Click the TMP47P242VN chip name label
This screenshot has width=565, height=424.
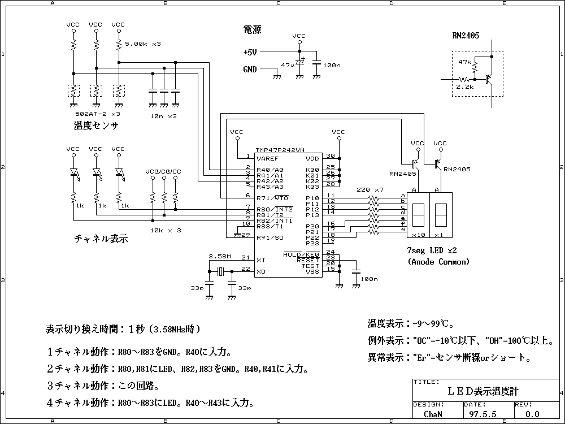click(x=280, y=150)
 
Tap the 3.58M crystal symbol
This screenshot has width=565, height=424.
click(x=220, y=272)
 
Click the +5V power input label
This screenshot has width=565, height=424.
click(x=250, y=52)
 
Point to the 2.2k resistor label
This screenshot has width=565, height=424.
click(x=465, y=88)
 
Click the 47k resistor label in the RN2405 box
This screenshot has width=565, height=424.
click(x=465, y=62)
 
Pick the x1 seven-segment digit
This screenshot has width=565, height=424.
click(x=440, y=215)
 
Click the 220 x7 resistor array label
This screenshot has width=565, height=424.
click(x=371, y=189)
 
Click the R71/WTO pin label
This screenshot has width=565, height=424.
click(x=272, y=198)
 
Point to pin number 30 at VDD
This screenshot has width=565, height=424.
click(x=331, y=155)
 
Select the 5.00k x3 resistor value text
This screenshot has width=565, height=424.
click(x=143, y=44)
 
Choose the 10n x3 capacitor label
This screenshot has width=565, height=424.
click(x=164, y=115)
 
